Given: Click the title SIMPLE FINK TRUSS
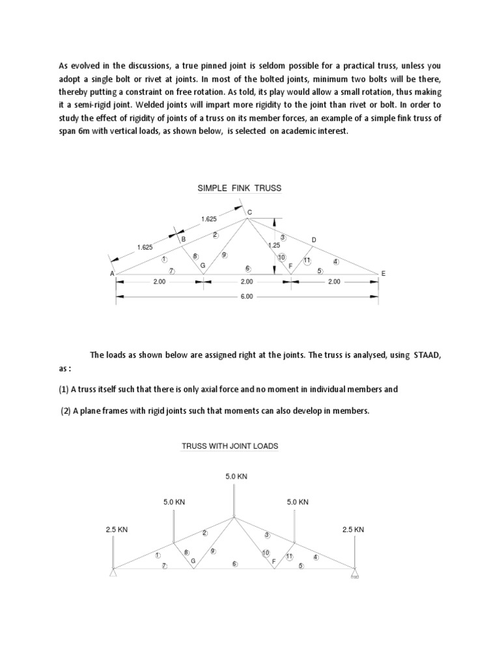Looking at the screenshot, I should (240, 189).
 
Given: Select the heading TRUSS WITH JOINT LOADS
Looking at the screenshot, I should (229, 446).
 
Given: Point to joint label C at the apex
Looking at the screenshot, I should (249, 212).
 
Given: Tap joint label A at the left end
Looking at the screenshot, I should (112, 274).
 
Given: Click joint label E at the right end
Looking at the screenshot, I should (383, 274).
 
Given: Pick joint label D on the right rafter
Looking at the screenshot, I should (314, 240).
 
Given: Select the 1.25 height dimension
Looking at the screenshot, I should (274, 245).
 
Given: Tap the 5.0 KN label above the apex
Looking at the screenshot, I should (236, 477).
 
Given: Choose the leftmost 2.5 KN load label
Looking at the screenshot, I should (117, 529).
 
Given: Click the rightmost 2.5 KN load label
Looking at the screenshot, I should (353, 529).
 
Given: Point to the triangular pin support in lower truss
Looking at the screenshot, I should (114, 572).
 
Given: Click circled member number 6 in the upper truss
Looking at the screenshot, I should (247, 268).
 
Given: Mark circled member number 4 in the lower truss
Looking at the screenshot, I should (316, 556).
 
